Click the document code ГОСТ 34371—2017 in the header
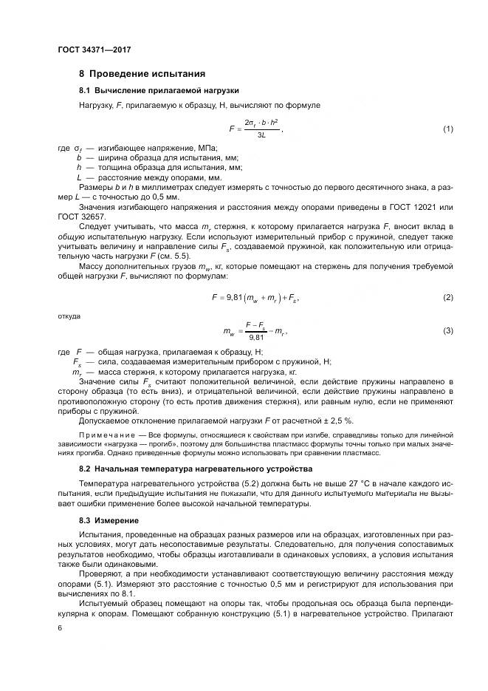(93, 50)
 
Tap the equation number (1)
(447, 129)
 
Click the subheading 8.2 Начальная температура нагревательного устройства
(185, 469)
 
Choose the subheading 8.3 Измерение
(108, 521)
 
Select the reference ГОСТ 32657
(83, 217)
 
